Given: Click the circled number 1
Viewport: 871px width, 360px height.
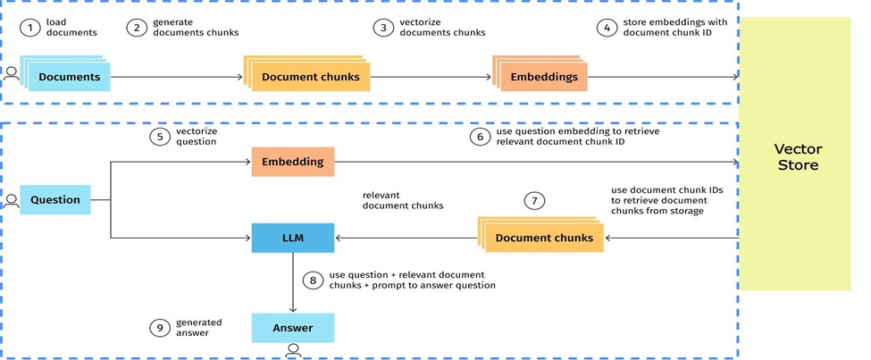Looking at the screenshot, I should [31, 28].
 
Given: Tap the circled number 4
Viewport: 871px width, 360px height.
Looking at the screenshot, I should [608, 28].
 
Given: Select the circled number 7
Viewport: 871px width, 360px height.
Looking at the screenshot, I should [534, 200].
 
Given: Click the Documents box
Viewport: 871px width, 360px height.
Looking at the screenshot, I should [70, 77].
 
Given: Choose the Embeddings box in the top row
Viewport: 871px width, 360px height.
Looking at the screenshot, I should [543, 77].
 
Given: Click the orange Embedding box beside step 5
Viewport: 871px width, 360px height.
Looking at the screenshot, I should [292, 163].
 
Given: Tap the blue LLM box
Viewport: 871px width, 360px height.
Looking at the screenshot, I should [292, 237].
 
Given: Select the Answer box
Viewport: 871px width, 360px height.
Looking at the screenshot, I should [292, 327].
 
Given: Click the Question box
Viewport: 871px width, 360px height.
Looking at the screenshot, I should [55, 200].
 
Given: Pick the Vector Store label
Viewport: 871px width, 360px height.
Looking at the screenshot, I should [797, 157].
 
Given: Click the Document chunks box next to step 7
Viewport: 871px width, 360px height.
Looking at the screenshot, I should [544, 238].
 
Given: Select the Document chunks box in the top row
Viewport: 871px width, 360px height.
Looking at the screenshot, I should [310, 77].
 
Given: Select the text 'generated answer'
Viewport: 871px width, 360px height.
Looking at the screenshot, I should [198, 327].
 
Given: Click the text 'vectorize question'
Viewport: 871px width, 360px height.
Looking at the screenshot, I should [197, 136].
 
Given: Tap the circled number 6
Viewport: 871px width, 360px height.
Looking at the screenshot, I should [480, 136].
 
